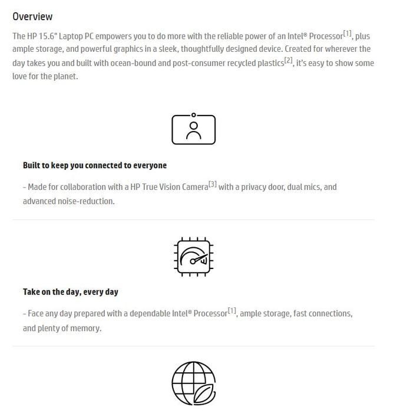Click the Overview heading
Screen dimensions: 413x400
coord(32,17)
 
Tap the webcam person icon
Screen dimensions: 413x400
coord(193,129)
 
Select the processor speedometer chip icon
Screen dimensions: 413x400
coord(193,257)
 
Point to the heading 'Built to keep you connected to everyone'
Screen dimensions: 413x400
coord(95,166)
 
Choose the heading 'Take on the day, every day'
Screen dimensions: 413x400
coord(71,292)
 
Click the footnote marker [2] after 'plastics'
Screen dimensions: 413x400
coord(288,61)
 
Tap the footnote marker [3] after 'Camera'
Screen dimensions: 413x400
coord(213,185)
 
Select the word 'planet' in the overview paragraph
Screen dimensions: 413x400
coord(65,77)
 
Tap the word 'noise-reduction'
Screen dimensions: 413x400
coord(84,201)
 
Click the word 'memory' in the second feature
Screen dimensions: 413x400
coord(86,328)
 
